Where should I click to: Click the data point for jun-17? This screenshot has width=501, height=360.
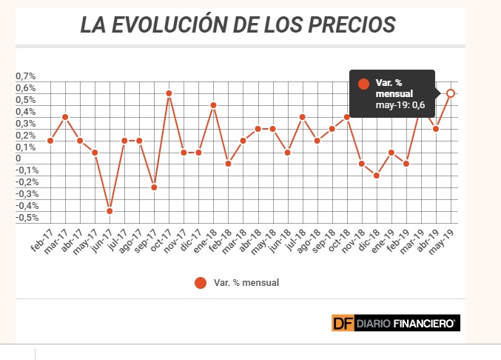point(110,211)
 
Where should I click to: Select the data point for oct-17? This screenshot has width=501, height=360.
point(169,93)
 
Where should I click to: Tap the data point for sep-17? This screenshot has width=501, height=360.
point(154,187)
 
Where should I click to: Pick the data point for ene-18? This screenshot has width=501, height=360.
point(213,105)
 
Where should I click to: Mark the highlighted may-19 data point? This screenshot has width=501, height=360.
point(451,93)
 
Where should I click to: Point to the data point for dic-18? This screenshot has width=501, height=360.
point(377,176)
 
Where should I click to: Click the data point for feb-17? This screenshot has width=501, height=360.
point(50,141)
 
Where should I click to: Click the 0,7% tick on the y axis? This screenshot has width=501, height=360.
point(26,76)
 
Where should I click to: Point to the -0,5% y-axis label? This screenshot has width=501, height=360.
point(26,218)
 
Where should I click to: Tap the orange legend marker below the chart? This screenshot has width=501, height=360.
point(201,282)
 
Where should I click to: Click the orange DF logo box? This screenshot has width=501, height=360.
point(342,322)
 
